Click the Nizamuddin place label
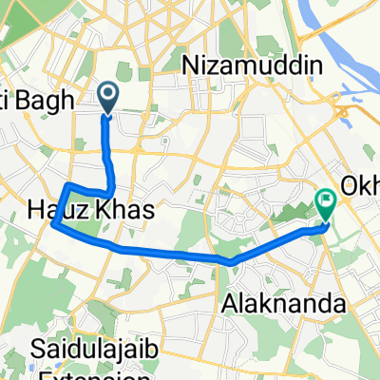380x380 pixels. coord(252,65)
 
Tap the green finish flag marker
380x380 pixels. coord(326,201)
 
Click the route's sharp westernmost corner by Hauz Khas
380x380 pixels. coord(55,226)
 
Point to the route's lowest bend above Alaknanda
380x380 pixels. coord(230,259)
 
